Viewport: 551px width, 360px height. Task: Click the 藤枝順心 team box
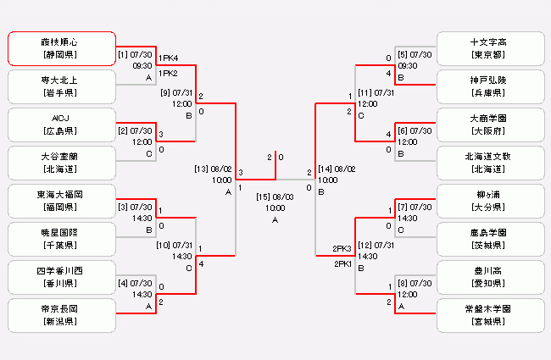[x=61, y=48]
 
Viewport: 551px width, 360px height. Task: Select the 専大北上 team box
[x=61, y=86]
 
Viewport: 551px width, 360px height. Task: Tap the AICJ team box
[x=61, y=125]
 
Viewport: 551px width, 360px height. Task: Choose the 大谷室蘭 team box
[x=61, y=163]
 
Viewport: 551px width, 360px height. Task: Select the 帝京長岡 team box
[x=61, y=315]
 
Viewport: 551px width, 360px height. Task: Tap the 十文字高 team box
[x=490, y=48]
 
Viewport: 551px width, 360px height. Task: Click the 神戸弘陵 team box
[x=490, y=86]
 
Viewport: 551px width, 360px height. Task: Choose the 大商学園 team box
[x=490, y=125]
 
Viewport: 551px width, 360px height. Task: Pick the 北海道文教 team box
[x=490, y=163]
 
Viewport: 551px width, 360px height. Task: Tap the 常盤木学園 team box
[x=490, y=315]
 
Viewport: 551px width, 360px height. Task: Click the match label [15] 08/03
[x=275, y=197]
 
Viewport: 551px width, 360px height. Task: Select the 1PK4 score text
[x=169, y=58]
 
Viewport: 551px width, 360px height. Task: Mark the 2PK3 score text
[x=342, y=248]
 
